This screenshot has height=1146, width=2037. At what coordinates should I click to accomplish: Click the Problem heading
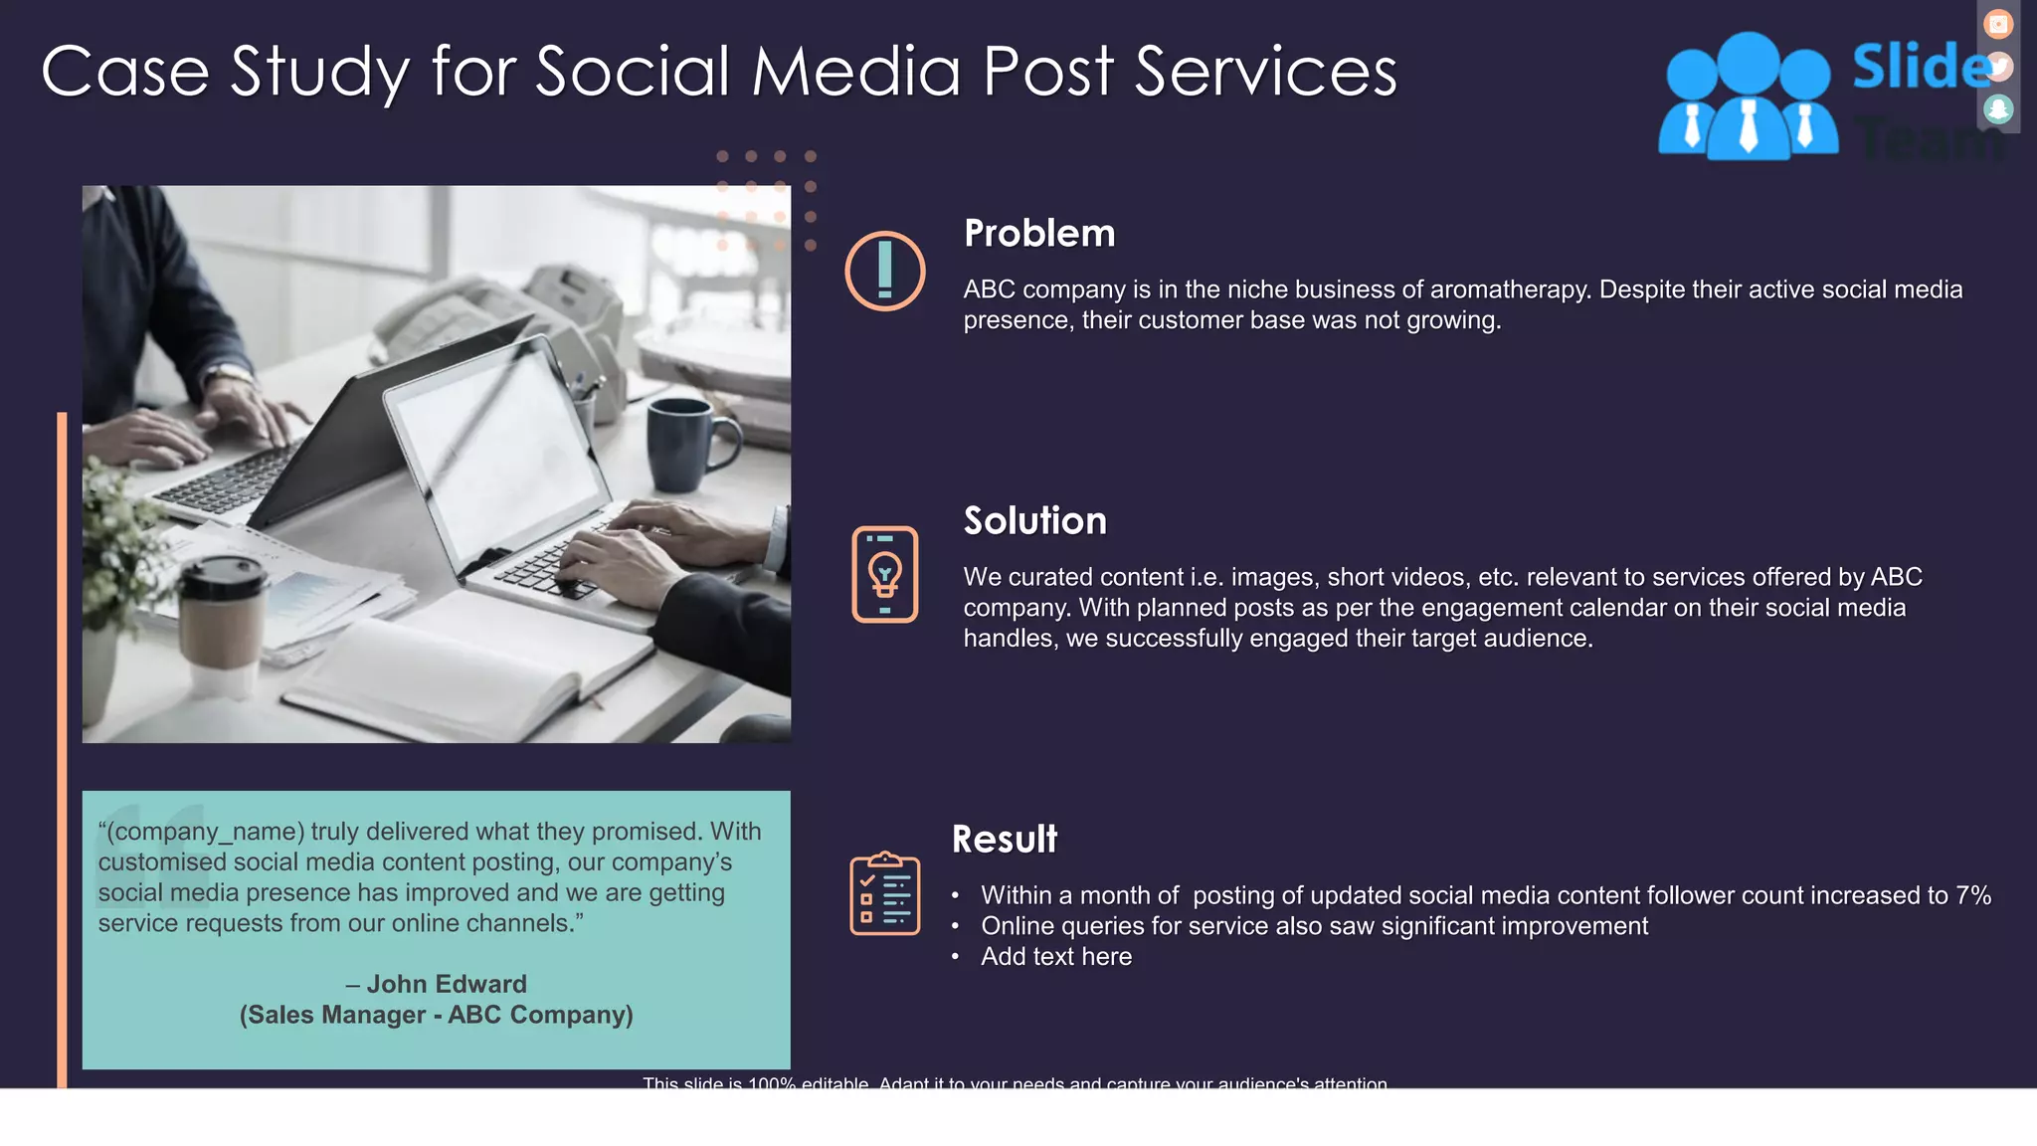click(1039, 234)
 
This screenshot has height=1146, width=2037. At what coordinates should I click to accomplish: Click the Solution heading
click(1034, 521)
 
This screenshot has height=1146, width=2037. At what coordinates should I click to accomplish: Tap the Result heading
click(1005, 840)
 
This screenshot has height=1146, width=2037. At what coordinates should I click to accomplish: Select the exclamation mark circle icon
click(885, 271)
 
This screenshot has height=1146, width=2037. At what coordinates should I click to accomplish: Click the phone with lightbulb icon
click(885, 574)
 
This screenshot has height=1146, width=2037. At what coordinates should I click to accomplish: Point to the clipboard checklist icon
click(885, 893)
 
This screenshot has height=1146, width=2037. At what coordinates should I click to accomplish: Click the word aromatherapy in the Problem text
click(1502, 289)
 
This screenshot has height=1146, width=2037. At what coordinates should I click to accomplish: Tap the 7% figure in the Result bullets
click(1972, 895)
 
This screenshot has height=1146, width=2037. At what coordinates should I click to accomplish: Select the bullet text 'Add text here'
click(1056, 957)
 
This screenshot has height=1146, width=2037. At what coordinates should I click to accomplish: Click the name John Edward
click(447, 984)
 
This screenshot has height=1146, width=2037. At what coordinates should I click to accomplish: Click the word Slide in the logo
click(1920, 68)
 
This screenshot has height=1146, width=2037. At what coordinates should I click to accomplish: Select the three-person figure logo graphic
click(1748, 97)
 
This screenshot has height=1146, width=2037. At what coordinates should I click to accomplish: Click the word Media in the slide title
click(856, 72)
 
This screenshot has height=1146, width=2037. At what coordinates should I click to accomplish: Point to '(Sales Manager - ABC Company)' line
click(436, 1015)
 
